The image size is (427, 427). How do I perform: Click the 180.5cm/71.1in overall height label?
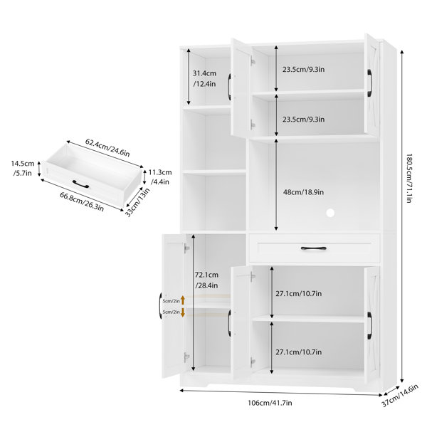[408, 178]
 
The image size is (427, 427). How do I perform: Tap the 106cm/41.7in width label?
[270, 403]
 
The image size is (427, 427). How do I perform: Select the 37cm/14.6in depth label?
[399, 396]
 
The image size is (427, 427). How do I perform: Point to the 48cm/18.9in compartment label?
[303, 192]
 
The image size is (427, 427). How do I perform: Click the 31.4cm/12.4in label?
[204, 78]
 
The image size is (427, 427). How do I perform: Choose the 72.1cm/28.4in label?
[206, 280]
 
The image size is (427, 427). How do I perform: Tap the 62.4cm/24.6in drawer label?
[107, 147]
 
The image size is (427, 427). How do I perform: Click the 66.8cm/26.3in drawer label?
[82, 202]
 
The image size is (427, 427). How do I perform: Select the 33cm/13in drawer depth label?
[137, 202]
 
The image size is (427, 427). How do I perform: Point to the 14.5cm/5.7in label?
[23, 168]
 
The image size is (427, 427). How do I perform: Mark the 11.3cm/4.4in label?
[160, 176]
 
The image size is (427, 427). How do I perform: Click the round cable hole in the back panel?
[330, 213]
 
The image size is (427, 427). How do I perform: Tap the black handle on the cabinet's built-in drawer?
[313, 248]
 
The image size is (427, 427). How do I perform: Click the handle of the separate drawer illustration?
[80, 184]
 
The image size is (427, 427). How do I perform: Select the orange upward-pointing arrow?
[183, 300]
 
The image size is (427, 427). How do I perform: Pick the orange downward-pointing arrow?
[183, 312]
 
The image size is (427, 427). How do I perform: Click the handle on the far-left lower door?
[160, 305]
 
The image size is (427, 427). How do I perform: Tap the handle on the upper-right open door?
[369, 83]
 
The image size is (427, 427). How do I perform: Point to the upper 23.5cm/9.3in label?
[303, 70]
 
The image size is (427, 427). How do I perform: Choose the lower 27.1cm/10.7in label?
[298, 352]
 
